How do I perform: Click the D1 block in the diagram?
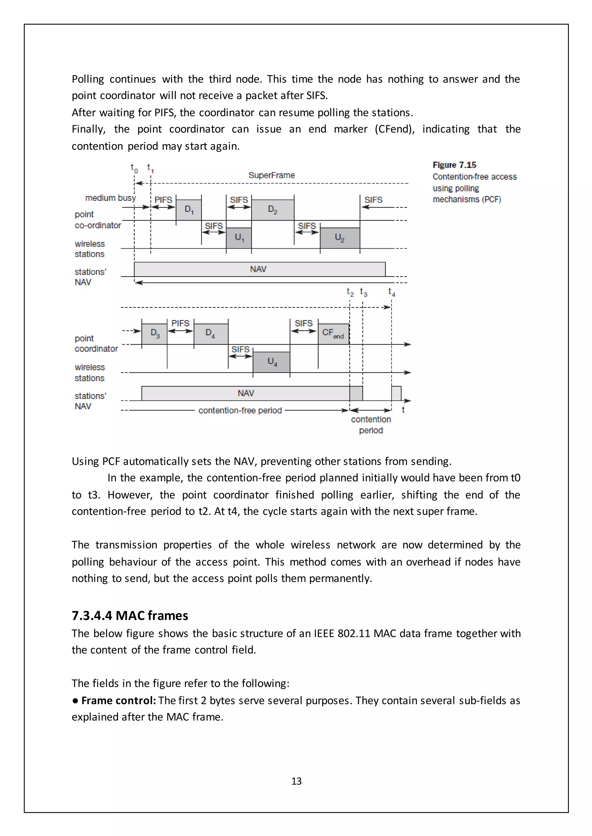(x=188, y=210)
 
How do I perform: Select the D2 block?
(x=272, y=210)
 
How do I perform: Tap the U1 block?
(x=239, y=238)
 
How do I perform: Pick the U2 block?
(x=339, y=238)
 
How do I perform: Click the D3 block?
(x=155, y=333)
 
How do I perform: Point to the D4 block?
(x=210, y=333)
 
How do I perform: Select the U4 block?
(x=272, y=361)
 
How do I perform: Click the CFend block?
(x=333, y=333)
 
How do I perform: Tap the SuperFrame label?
(x=272, y=175)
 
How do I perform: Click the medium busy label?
(x=110, y=198)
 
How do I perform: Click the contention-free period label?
(x=240, y=410)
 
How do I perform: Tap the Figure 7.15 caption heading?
(x=454, y=165)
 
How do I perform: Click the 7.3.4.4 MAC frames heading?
(x=130, y=616)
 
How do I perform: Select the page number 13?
(x=296, y=781)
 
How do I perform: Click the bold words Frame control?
(x=119, y=701)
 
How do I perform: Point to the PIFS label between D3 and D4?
(x=180, y=323)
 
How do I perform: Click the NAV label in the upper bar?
(x=258, y=269)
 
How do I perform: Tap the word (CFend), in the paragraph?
(x=394, y=129)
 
